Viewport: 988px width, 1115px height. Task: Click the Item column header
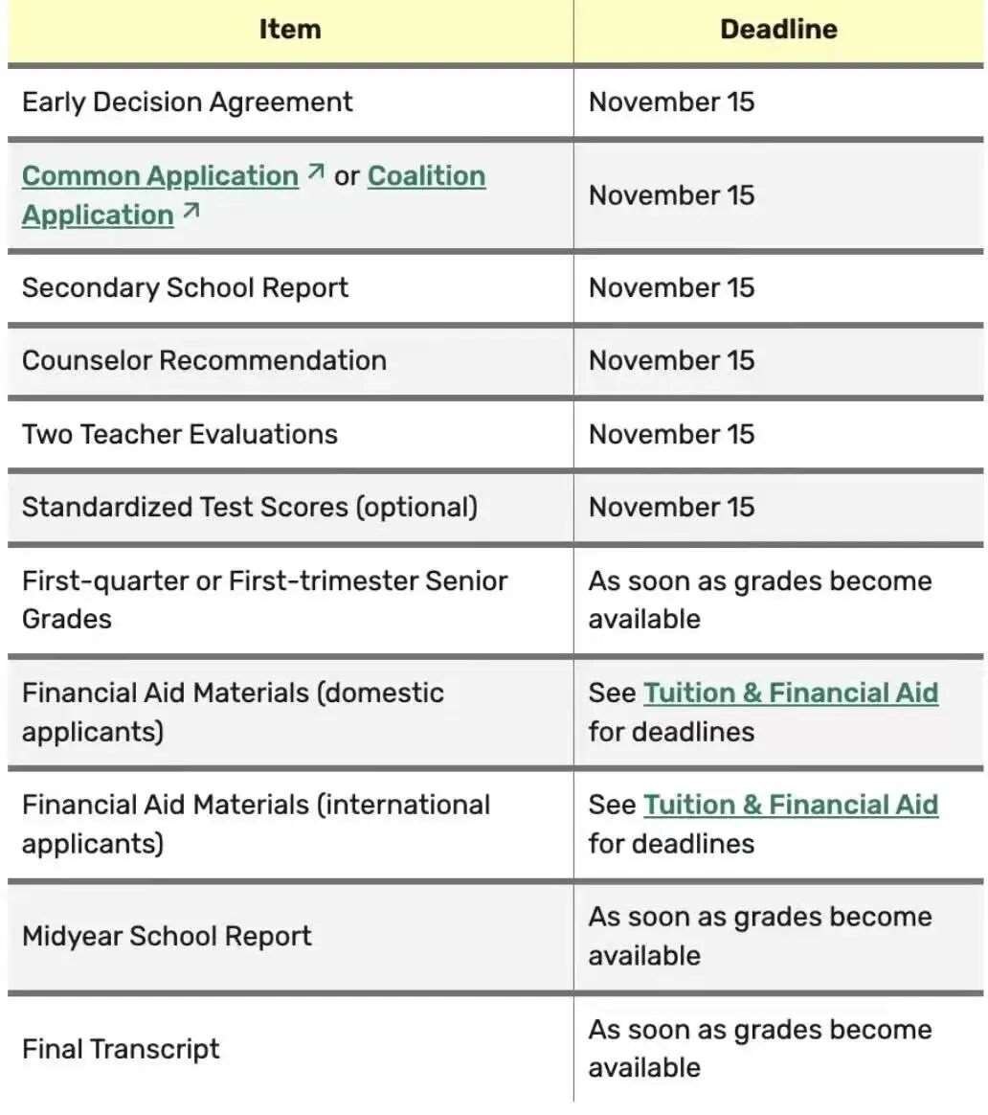tap(289, 30)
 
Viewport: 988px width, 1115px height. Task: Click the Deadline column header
tap(778, 30)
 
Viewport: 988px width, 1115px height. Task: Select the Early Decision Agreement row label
tap(188, 102)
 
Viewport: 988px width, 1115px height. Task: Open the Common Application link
tap(160, 176)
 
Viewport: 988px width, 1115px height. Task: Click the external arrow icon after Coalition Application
tap(191, 212)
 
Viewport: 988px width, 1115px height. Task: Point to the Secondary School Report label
tap(185, 288)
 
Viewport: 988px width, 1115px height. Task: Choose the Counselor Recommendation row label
tap(204, 361)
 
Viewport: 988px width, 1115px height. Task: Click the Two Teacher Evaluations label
tap(180, 434)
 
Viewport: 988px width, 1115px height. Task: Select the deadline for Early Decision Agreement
tap(671, 102)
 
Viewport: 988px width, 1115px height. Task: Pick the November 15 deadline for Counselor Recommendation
tap(671, 361)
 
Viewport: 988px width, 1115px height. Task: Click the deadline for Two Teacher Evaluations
tap(671, 434)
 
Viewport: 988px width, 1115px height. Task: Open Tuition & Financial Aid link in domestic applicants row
tap(790, 694)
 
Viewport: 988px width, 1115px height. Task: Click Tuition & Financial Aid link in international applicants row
tap(790, 806)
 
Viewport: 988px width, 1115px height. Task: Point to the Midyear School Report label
tap(167, 936)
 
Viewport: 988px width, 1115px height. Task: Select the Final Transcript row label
tap(121, 1049)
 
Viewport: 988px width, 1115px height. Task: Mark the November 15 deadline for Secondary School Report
tap(671, 288)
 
